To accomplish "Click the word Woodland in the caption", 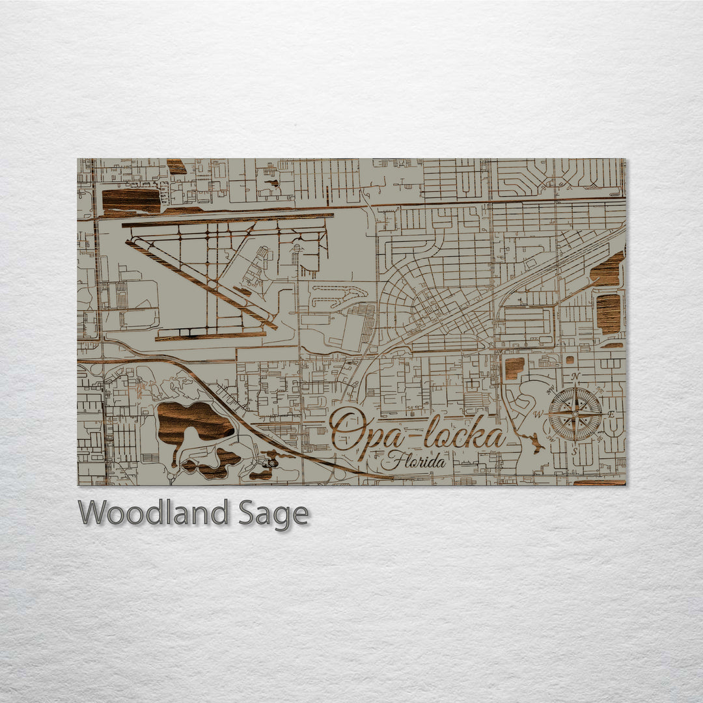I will coord(153,514).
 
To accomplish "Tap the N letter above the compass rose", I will coord(574,377).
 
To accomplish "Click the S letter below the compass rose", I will coord(575,450).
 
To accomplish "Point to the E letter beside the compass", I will coord(611,415).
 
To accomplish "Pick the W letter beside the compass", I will coord(538,415).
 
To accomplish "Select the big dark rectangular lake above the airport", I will coord(131,200).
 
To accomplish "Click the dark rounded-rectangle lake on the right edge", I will coord(609,313).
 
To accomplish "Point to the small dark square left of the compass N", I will coord(514,368).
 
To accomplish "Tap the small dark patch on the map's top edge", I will coord(176,166).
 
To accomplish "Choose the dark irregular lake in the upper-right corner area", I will coord(608,271).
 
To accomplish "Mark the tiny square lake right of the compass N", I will coord(570,359).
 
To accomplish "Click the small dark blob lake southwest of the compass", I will coord(535,445).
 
